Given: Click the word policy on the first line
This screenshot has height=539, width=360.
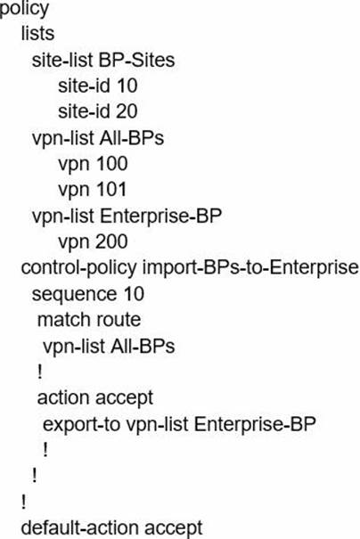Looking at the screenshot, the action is (24, 9).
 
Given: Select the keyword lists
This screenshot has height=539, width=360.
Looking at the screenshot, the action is (37, 33).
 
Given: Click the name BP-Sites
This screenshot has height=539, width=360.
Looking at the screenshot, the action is (137, 60).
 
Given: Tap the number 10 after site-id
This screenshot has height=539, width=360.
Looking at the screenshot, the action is (127, 86).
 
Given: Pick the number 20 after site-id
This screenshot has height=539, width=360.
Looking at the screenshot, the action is (127, 111).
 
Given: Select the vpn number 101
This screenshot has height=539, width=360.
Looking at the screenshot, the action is (110, 190).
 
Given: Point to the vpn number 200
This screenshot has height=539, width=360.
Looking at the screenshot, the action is (110, 241).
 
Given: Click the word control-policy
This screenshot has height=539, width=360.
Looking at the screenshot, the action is (78, 268).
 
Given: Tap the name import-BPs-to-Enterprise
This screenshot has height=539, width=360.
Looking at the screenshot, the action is (250, 268).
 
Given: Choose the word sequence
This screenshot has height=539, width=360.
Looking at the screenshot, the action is (74, 295).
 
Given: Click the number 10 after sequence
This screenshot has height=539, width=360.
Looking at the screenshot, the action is (134, 294).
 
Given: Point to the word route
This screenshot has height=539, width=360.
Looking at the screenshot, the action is (119, 321).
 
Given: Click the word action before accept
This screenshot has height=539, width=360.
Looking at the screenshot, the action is (63, 398).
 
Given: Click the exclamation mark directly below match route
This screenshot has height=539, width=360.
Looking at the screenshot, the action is (40, 372).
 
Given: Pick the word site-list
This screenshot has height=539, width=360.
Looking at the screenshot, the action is (62, 60).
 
